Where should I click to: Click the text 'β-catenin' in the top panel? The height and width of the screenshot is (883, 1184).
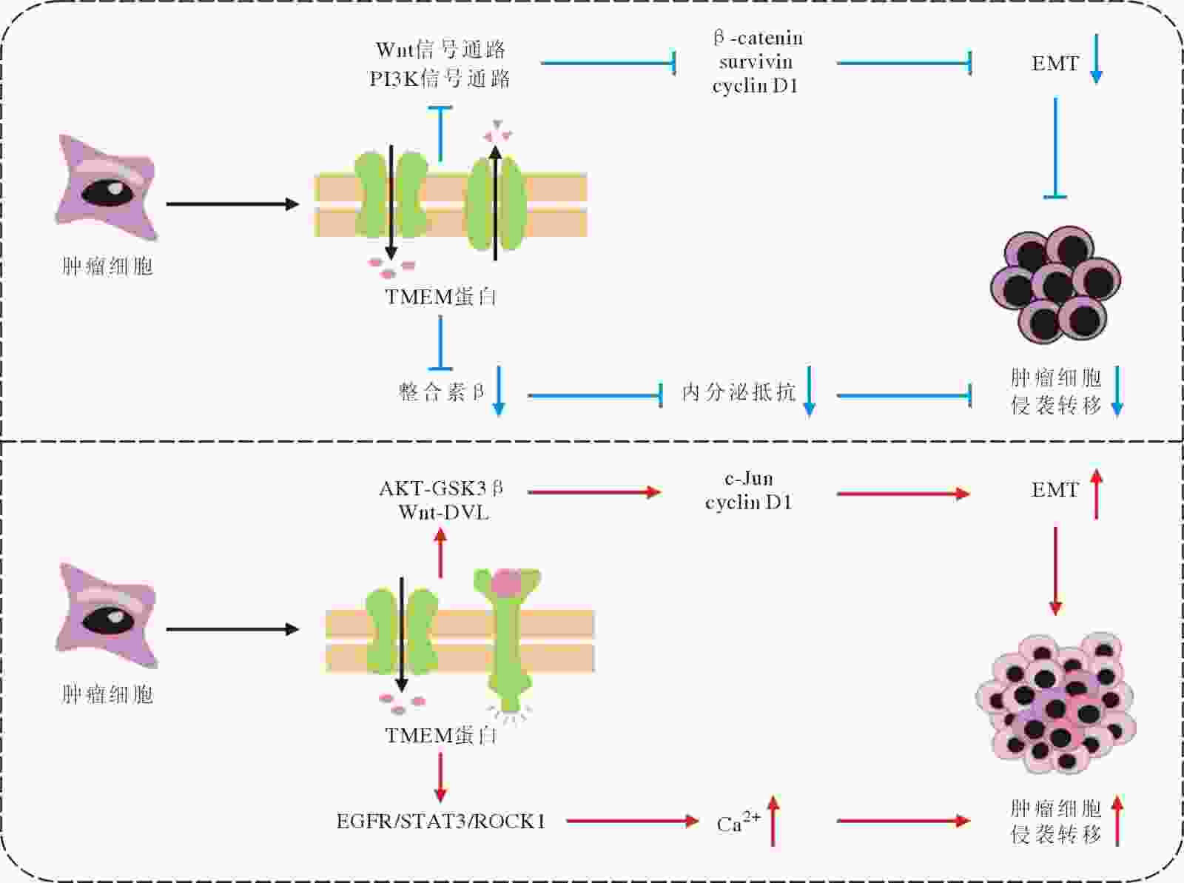[758, 38]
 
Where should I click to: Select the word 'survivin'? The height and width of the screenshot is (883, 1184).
[756, 61]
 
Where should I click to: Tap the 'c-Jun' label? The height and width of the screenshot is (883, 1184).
[749, 478]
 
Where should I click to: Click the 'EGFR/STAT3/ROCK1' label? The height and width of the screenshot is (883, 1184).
[441, 822]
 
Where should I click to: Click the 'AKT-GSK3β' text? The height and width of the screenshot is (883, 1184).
[441, 488]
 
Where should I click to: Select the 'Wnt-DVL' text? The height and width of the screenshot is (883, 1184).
[443, 512]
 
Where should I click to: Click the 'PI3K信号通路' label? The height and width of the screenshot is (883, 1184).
[440, 78]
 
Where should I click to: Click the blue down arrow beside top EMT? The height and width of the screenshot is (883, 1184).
[1096, 58]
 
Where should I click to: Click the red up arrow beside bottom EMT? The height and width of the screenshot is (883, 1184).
[1096, 494]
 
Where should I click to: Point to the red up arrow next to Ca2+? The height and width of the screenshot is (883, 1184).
[773, 820]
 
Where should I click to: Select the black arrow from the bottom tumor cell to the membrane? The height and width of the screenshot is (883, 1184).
[232, 629]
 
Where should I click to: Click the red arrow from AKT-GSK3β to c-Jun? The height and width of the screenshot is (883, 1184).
[594, 492]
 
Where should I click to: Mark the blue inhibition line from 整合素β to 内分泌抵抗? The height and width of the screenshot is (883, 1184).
[595, 396]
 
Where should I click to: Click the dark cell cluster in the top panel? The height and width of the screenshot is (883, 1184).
[1056, 284]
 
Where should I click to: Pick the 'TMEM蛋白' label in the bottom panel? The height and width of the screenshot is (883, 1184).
[441, 736]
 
